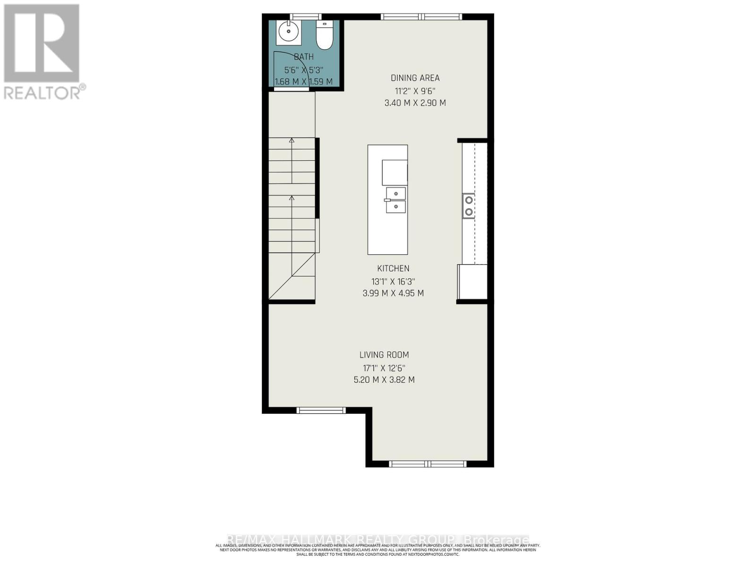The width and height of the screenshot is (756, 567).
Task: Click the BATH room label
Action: click(304, 57)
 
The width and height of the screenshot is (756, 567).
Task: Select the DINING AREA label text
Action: click(415, 78)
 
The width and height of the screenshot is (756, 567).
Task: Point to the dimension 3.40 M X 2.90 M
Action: click(415, 103)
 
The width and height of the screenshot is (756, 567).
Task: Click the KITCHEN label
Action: click(393, 268)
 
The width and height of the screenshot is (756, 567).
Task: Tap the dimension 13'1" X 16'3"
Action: click(393, 281)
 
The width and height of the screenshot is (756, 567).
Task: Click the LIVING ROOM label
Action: click(384, 355)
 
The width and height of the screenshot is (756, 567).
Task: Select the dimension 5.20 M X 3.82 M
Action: click(384, 379)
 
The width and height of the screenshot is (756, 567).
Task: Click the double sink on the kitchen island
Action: click(395, 200)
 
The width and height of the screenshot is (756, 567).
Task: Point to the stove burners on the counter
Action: click(469, 206)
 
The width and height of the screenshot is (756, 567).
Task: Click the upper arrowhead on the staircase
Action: click(292, 140)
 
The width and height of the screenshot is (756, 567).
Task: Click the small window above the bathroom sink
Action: click(305, 17)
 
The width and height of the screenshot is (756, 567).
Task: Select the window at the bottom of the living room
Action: click(428, 464)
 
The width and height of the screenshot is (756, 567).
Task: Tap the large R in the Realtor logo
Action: click(42, 43)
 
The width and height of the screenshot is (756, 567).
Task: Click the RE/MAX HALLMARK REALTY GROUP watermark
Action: click(378, 540)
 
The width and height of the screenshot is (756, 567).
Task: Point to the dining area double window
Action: click(421, 17)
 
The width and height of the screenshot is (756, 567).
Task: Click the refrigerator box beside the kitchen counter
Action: click(472, 282)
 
